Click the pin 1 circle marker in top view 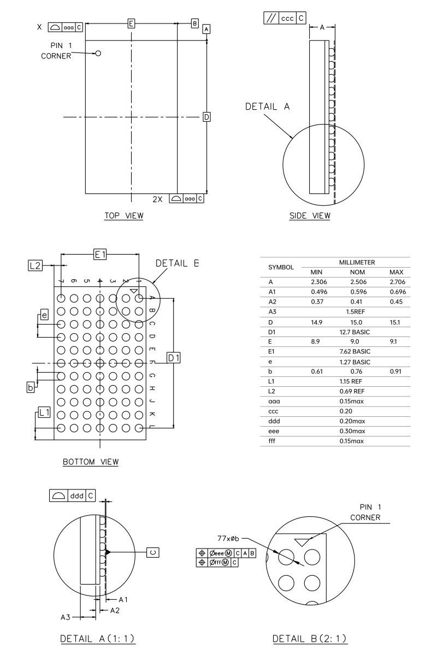(98, 54)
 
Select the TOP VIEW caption (124, 216)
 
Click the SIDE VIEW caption (310, 216)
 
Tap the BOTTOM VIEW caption (91, 462)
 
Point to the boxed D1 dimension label (174, 357)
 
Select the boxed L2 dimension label (35, 265)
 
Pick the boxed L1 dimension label (44, 412)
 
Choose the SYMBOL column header (281, 268)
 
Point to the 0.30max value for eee (352, 430)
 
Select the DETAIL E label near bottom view (178, 263)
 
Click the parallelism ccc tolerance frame (285, 18)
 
